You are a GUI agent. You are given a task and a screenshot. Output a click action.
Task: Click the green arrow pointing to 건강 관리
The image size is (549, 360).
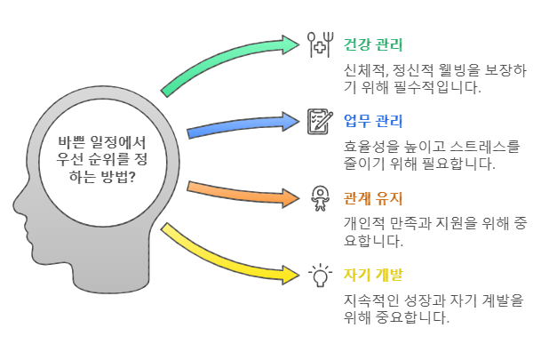227,62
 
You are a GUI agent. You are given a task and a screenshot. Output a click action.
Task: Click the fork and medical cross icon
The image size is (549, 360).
318,44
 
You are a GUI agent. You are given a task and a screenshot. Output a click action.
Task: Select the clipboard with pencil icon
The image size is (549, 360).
318,121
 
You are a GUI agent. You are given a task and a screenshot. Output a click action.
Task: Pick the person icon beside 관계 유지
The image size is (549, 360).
318,197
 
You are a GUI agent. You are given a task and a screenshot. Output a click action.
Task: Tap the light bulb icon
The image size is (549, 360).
318,275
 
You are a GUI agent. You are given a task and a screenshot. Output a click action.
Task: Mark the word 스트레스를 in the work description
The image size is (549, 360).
481,146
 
